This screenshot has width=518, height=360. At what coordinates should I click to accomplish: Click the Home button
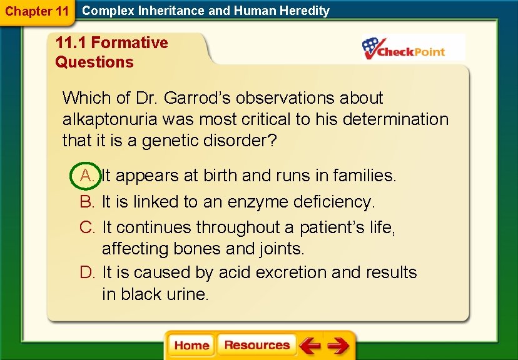(191, 346)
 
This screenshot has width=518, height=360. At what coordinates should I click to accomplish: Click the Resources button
(256, 345)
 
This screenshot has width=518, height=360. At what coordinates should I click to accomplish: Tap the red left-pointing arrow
(310, 346)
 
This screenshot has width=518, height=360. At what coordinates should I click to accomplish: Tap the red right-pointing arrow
(338, 346)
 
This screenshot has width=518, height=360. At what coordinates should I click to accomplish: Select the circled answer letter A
(87, 176)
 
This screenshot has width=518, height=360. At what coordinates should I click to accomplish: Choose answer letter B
(87, 202)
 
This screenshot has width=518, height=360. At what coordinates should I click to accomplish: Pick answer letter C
(87, 227)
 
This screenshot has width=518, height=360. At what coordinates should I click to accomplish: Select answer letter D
(87, 272)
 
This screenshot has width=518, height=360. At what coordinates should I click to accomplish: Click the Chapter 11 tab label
(37, 11)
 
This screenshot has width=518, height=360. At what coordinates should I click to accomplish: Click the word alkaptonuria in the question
(111, 119)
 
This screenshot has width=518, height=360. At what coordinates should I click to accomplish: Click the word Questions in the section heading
(94, 62)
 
